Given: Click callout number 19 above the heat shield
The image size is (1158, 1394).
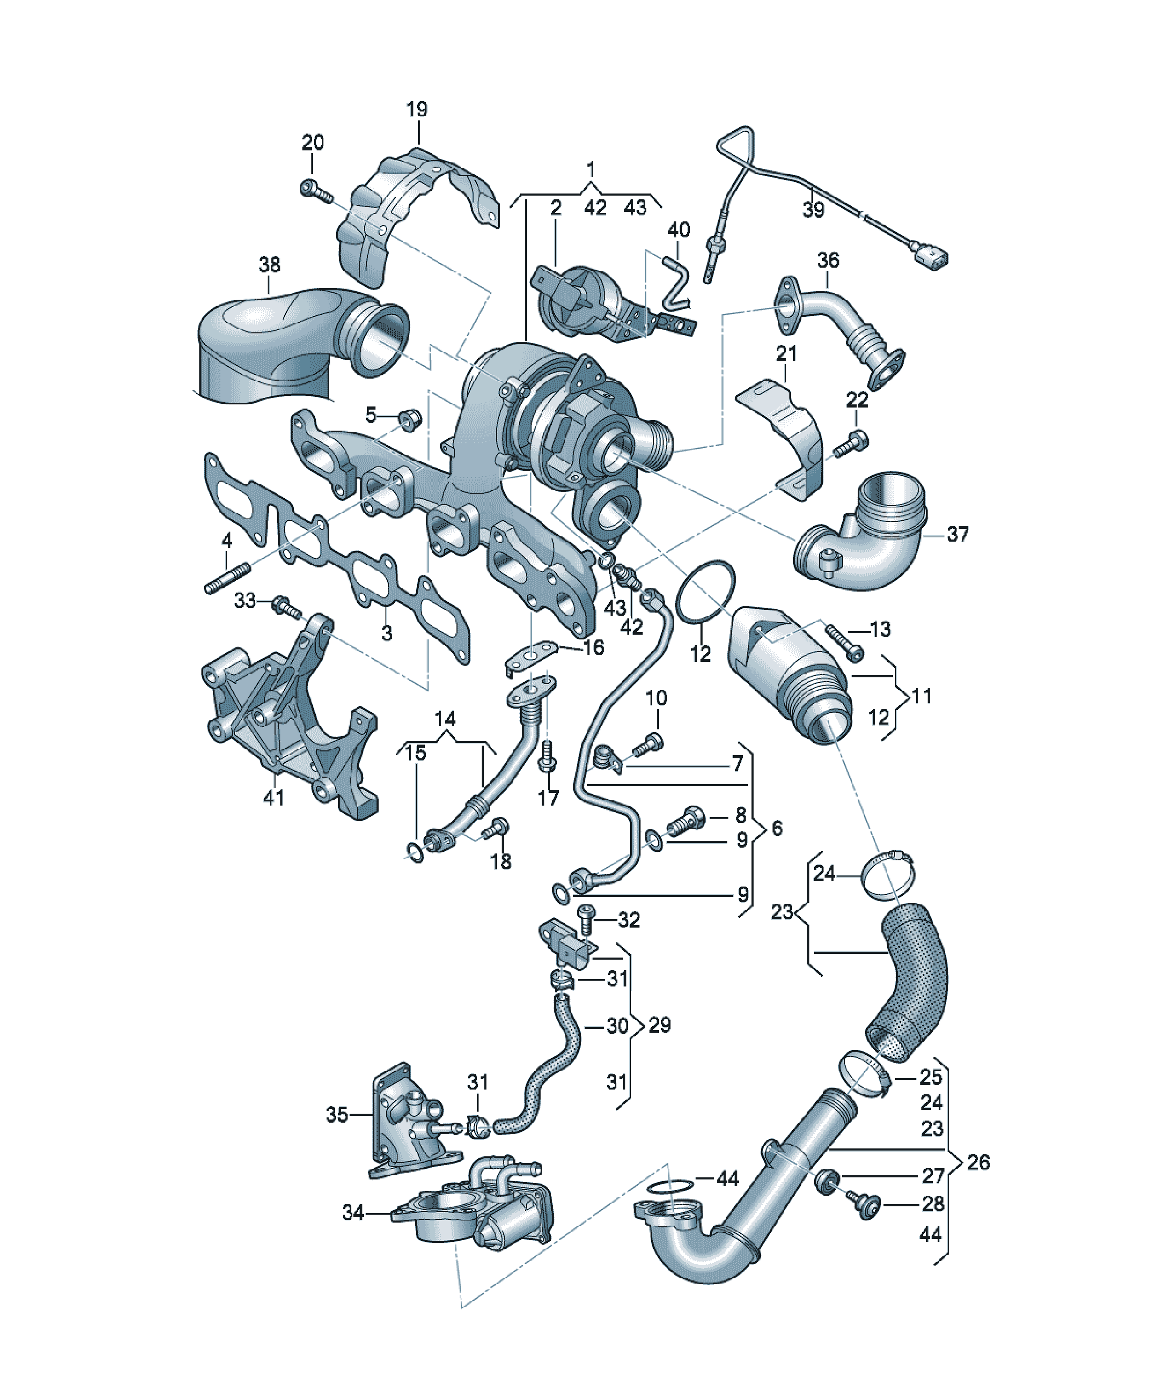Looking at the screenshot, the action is click(x=417, y=109).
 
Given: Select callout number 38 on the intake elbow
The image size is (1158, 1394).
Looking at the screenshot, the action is click(x=270, y=265).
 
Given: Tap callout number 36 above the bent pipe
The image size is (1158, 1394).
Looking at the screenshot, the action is click(x=828, y=260).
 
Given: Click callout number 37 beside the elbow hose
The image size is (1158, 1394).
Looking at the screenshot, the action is click(x=958, y=534).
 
